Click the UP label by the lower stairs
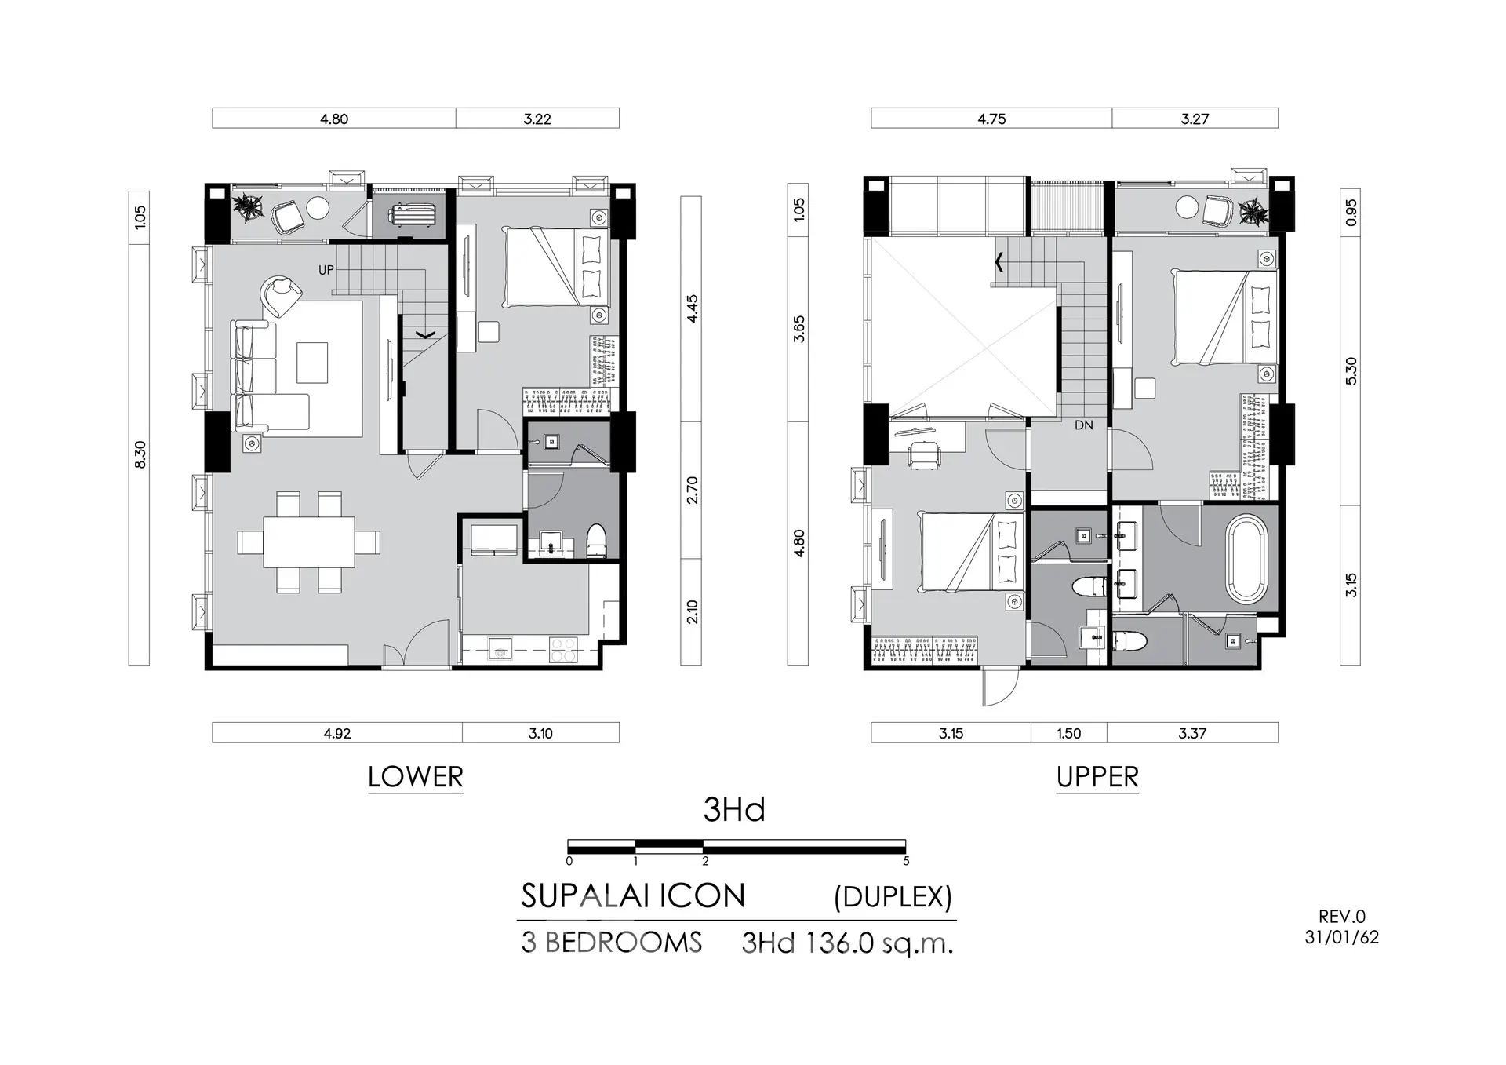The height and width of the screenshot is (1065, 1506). (x=326, y=270)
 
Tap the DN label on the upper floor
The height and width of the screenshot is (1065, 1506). (x=1084, y=425)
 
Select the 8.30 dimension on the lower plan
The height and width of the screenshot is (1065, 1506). (x=140, y=455)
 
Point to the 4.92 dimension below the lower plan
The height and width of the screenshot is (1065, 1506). (x=337, y=733)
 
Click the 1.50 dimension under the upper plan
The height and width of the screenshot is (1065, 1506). (x=1068, y=733)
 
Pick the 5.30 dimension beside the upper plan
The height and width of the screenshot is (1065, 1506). (x=1351, y=371)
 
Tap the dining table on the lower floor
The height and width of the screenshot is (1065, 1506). (x=309, y=542)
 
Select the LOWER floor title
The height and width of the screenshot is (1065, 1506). (x=416, y=777)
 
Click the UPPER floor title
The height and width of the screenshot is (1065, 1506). (x=1097, y=777)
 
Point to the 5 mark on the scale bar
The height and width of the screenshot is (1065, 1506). (x=906, y=861)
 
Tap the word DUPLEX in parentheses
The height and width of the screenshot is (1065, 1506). (x=893, y=897)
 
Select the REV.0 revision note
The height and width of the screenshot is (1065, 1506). (x=1342, y=916)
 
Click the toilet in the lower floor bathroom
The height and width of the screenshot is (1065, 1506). (x=597, y=541)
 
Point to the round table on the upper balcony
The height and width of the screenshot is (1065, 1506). (x=1187, y=208)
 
